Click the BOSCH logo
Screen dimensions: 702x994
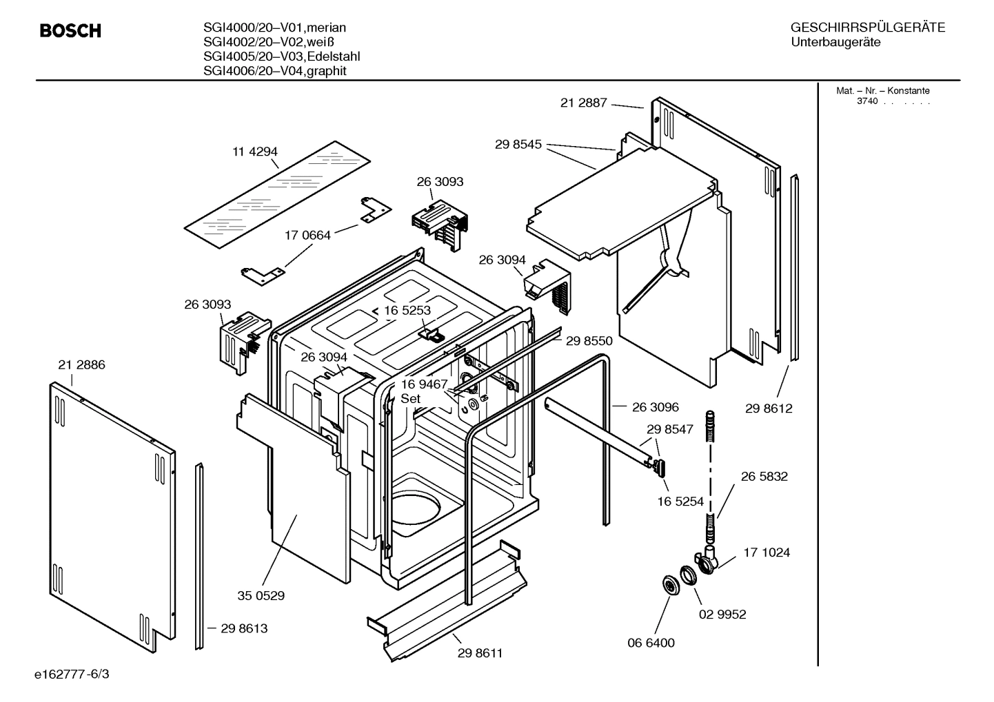pos(70,31)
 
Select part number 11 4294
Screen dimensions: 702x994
pos(254,152)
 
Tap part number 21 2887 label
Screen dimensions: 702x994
pos(583,103)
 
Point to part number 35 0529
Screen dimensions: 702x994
pos(261,595)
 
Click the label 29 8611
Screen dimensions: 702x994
pos(480,653)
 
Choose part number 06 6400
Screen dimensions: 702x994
pos(651,643)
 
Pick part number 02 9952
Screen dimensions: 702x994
pos(722,614)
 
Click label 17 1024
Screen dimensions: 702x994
pos(767,552)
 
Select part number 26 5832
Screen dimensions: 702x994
pos(764,476)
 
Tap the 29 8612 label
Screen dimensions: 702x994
pos(769,409)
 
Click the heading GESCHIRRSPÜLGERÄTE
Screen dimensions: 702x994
pos(867,28)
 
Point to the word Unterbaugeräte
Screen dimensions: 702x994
pos(835,43)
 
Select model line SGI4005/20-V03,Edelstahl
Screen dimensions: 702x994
pos(281,56)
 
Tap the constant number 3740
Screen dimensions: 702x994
pos(867,101)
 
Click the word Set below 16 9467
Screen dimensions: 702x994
pos(411,399)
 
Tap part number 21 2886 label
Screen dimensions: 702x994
pos(82,364)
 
